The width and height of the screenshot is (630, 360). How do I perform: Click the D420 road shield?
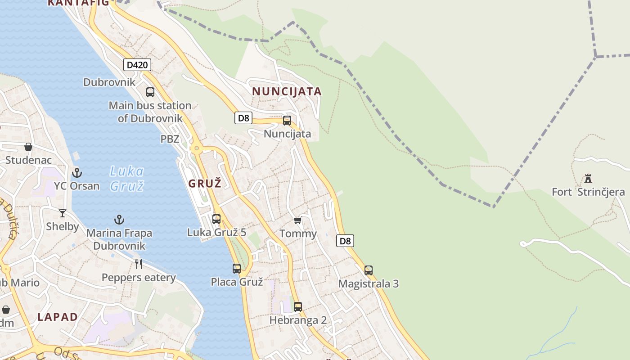pos(137,65)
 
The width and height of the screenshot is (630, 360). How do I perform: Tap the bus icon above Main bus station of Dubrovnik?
pos(150,92)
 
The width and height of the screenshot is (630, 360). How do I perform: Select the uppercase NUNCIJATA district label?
pos(287,91)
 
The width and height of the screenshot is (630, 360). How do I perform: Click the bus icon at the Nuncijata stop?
pos(287,121)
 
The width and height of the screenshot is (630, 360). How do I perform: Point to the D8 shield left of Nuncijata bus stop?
pos(243,118)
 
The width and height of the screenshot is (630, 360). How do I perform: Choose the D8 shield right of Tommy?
pos(345,241)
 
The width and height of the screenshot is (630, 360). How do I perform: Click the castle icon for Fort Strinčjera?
pos(588,179)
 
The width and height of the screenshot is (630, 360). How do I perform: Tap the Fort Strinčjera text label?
pos(588,192)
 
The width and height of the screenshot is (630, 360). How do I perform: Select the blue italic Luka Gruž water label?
pos(126,178)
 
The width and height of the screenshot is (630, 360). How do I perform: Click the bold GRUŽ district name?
pos(205,184)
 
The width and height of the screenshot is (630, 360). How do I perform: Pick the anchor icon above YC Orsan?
pos(77,172)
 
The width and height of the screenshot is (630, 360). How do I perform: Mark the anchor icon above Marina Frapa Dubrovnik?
pos(119,220)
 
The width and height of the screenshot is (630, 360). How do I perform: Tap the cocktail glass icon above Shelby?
pos(63,213)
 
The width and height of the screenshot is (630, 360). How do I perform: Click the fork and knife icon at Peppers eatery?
pos(139,264)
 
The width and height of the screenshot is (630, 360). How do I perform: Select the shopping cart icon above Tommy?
pos(297,220)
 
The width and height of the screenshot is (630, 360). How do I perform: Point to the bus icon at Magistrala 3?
pos(369,270)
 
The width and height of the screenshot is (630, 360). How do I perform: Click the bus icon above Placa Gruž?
pos(237,269)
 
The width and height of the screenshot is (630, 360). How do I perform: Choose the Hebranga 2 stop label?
pos(298,320)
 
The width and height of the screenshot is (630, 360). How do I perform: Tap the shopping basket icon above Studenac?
pos(28,147)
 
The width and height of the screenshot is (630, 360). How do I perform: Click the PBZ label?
pos(170,139)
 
